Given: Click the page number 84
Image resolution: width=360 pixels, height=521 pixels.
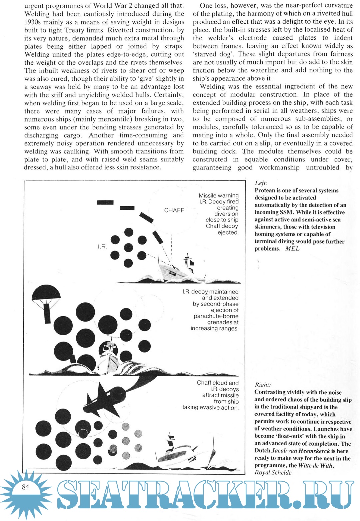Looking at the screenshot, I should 25,487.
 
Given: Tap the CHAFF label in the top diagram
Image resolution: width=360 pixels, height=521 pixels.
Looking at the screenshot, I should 174,210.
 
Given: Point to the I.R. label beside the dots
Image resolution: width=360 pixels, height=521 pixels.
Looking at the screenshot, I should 102,247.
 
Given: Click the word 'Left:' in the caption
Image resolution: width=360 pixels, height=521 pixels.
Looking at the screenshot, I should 261,183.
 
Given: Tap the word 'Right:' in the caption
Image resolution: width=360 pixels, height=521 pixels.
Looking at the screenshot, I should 263,385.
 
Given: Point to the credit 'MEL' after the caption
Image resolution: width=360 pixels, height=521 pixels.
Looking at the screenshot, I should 292,248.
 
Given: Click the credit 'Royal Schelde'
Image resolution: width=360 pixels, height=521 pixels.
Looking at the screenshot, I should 273,472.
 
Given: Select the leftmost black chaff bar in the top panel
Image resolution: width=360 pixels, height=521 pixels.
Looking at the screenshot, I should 105,202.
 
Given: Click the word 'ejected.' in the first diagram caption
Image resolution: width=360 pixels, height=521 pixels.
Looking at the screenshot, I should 228,232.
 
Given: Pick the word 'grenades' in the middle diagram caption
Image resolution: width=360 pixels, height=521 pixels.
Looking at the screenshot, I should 223,322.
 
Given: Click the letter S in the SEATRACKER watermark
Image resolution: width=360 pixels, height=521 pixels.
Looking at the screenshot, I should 68,494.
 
